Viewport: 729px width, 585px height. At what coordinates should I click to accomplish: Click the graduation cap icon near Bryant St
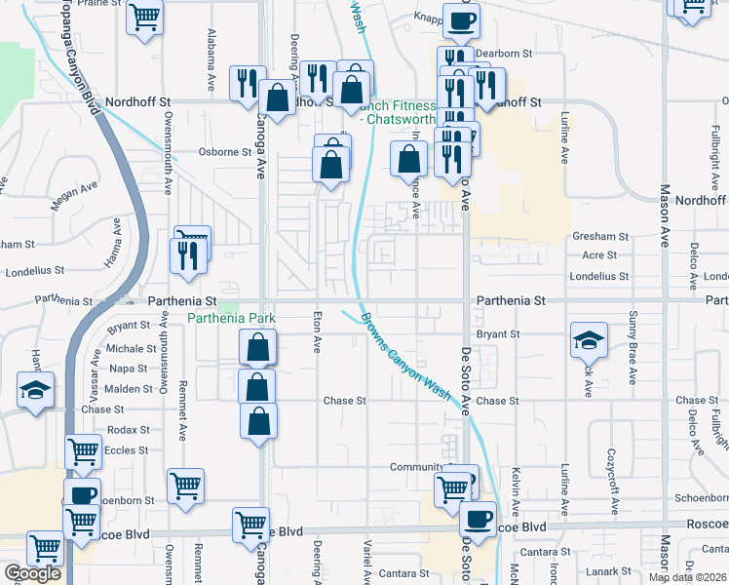click(x=589, y=340)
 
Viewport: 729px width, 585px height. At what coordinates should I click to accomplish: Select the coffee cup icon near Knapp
click(x=461, y=20)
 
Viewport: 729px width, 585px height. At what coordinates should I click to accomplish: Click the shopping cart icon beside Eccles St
click(x=84, y=452)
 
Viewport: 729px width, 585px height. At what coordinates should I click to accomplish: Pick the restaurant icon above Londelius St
click(x=185, y=254)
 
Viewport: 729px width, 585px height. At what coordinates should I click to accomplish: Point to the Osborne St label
click(x=225, y=152)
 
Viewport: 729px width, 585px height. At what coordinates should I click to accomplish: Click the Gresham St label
click(x=601, y=237)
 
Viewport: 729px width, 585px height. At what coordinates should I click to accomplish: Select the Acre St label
click(x=599, y=255)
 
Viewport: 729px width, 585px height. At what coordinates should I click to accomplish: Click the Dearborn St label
click(x=511, y=54)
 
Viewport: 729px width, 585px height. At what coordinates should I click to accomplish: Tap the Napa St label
click(x=129, y=369)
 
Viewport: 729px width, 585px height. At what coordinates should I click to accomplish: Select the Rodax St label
click(x=129, y=430)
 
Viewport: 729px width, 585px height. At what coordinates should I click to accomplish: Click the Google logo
click(x=32, y=573)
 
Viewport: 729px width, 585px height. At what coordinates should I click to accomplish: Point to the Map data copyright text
click(x=686, y=577)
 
